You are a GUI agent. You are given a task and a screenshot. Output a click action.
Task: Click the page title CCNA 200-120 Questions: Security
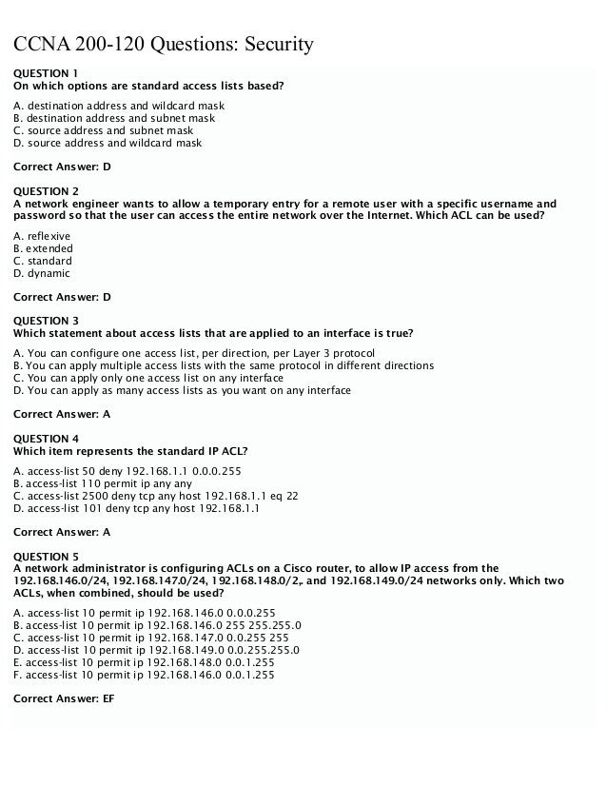[x=161, y=45]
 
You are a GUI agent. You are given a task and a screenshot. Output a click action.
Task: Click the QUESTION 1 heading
[x=46, y=73]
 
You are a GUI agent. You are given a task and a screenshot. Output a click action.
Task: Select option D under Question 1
[x=108, y=144]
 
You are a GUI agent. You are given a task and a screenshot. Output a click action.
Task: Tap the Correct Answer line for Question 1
[x=62, y=167]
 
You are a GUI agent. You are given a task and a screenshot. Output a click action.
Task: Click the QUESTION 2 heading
[x=46, y=191]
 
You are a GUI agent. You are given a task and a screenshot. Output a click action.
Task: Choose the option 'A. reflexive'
[x=42, y=236]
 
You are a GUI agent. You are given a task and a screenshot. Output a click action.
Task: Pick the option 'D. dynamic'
[x=42, y=273]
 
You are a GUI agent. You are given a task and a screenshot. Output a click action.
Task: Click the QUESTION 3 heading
[x=46, y=321]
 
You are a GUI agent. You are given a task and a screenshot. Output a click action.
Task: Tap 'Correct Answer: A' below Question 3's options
[x=62, y=414]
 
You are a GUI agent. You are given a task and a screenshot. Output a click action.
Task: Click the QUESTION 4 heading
[x=46, y=439]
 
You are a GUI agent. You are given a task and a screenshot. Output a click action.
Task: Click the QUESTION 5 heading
[x=46, y=556]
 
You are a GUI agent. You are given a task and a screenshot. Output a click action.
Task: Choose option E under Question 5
[x=144, y=662]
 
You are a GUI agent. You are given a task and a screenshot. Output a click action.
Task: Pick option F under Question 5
[x=144, y=675]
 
